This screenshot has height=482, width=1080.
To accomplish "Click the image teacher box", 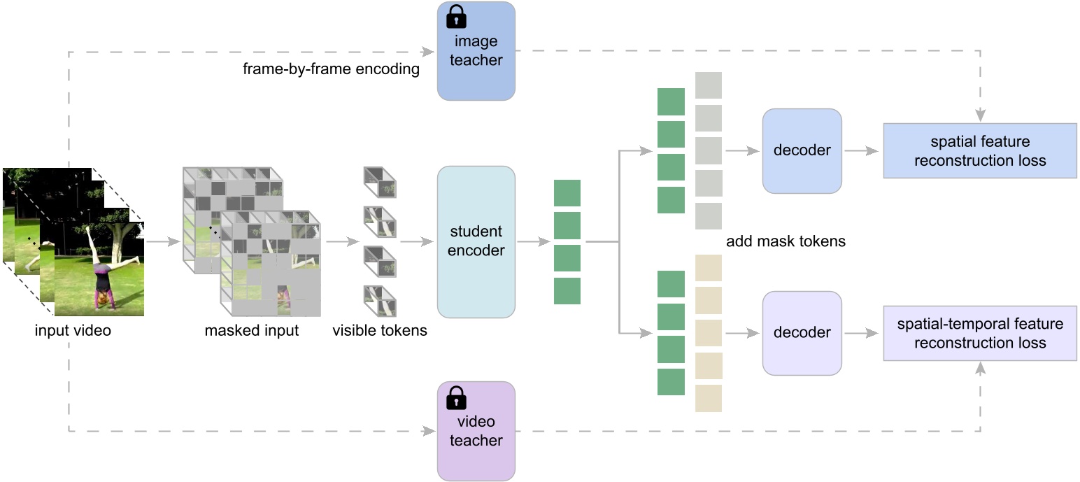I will click(x=476, y=51).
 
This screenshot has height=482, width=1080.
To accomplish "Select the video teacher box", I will click(x=476, y=431).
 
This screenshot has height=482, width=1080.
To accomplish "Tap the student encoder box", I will click(x=476, y=241).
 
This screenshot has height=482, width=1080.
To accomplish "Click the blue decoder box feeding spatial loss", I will click(x=802, y=150).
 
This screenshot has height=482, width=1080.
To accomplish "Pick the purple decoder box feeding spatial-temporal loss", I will click(x=802, y=333).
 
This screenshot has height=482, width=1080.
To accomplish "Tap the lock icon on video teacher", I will click(x=456, y=397).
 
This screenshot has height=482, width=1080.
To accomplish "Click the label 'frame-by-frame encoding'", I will click(x=331, y=69).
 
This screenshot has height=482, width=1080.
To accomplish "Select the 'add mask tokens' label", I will click(x=786, y=241).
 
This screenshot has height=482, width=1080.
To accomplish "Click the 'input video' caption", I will click(x=73, y=330).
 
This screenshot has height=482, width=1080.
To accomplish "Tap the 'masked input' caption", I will click(x=251, y=330).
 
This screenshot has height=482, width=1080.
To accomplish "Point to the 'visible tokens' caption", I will click(x=380, y=330).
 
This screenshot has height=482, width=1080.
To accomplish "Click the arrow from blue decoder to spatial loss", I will click(x=862, y=150).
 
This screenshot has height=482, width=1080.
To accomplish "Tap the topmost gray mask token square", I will click(x=708, y=85).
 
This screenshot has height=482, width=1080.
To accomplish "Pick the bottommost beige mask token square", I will click(x=708, y=398).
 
